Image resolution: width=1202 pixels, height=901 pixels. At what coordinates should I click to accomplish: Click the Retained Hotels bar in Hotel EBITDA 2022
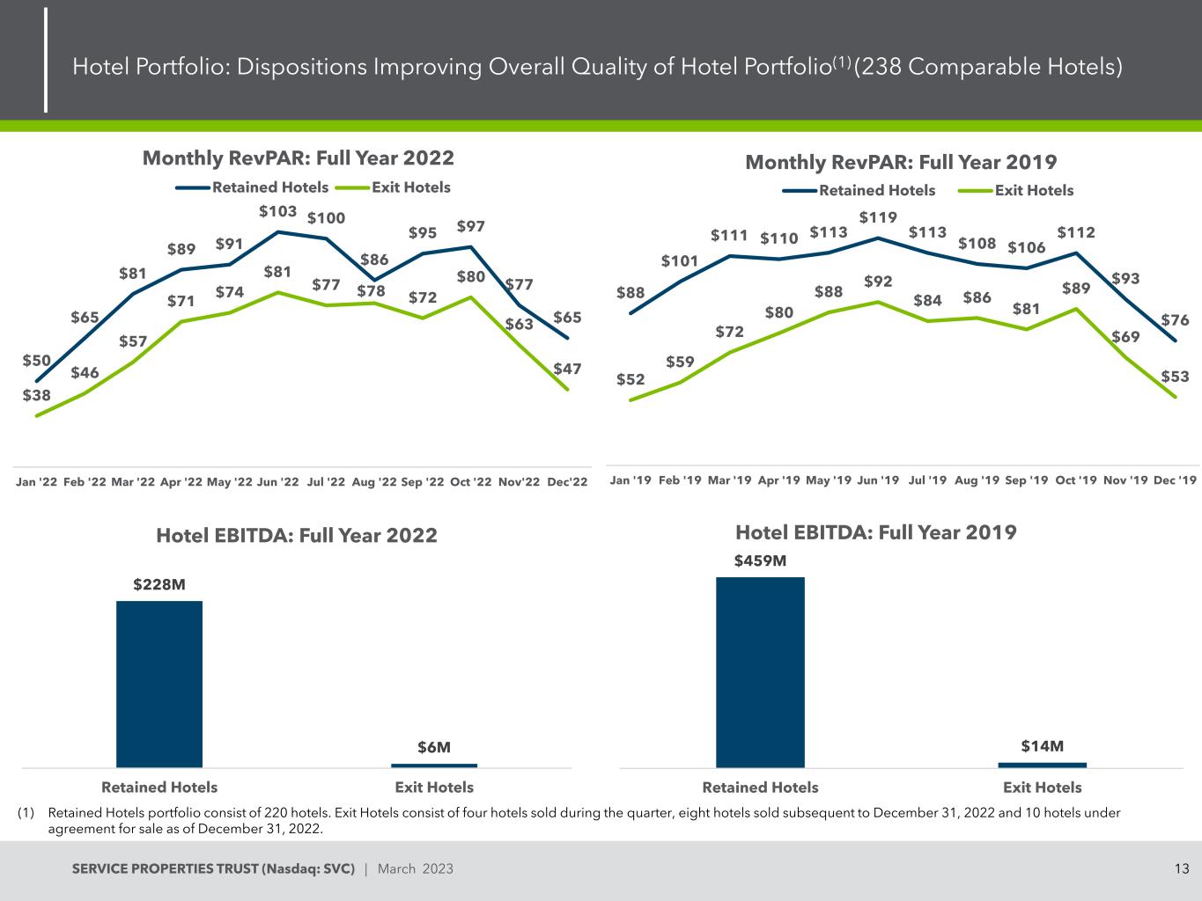click(x=159, y=684)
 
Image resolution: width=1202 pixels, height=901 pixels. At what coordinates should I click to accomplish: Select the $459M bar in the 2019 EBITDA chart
click(x=760, y=672)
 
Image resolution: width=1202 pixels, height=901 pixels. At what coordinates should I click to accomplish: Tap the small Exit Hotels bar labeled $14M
click(x=1042, y=765)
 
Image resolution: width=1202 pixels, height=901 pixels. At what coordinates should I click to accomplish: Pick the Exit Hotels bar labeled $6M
click(x=434, y=765)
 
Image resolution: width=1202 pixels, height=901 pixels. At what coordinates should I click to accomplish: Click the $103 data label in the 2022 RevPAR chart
click(x=277, y=211)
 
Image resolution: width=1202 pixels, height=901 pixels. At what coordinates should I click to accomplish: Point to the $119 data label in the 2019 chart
click(x=878, y=216)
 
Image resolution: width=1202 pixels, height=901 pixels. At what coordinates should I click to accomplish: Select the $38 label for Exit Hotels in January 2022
click(x=37, y=395)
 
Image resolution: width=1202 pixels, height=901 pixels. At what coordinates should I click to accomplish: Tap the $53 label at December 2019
click(x=1175, y=377)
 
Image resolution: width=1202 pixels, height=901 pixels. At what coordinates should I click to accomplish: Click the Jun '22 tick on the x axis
click(x=278, y=482)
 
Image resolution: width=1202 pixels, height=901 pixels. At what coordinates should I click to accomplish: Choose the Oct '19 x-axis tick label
click(x=1075, y=480)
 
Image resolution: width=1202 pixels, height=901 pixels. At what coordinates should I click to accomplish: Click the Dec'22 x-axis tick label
click(x=567, y=482)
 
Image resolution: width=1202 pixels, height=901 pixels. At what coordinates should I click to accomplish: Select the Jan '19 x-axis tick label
click(x=630, y=480)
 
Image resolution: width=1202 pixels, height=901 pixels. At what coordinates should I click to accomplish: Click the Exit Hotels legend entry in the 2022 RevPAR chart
click(x=399, y=187)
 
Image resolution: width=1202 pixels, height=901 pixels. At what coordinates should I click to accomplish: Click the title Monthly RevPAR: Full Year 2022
click(x=299, y=157)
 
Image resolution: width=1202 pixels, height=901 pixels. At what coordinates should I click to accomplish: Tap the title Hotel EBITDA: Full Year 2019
click(x=875, y=531)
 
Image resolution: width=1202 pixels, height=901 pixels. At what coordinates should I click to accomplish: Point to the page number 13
click(x=1181, y=869)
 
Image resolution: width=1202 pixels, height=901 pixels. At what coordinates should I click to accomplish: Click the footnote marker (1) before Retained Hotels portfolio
click(x=26, y=813)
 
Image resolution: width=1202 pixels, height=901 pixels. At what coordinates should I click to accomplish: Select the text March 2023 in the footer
click(x=415, y=869)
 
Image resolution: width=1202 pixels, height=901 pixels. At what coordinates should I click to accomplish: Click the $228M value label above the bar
click(x=159, y=584)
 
